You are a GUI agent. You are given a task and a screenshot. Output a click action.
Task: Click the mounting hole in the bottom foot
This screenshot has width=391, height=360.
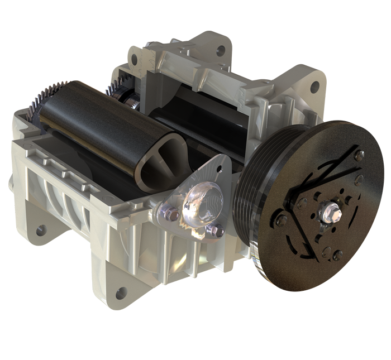121,293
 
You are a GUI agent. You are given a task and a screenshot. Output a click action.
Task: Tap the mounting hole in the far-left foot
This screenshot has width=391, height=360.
40,229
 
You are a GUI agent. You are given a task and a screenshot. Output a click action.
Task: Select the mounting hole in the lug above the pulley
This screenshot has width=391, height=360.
315,87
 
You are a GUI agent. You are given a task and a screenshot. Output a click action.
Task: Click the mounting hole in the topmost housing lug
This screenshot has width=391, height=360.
221,51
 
